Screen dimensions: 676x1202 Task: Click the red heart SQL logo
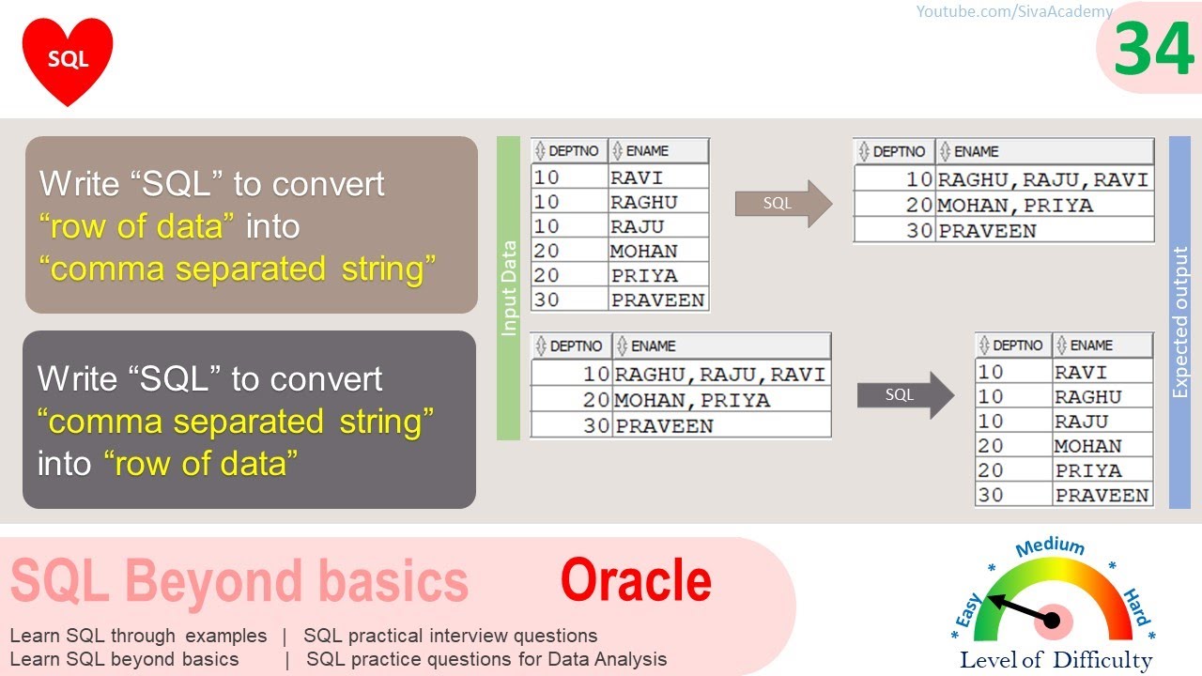click(68, 59)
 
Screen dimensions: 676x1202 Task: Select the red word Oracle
click(636, 580)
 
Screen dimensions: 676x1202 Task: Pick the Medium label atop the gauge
click(1050, 547)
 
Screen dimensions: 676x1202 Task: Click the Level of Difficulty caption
click(1056, 660)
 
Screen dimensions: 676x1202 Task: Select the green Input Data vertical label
click(508, 288)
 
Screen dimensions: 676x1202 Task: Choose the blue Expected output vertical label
click(1180, 322)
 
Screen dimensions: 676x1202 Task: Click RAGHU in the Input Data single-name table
click(643, 202)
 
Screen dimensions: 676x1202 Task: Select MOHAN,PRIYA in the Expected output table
click(1015, 205)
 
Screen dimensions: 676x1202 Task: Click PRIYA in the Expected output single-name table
click(1088, 470)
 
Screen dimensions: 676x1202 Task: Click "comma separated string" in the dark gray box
click(236, 422)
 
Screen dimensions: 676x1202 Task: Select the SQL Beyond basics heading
click(239, 581)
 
